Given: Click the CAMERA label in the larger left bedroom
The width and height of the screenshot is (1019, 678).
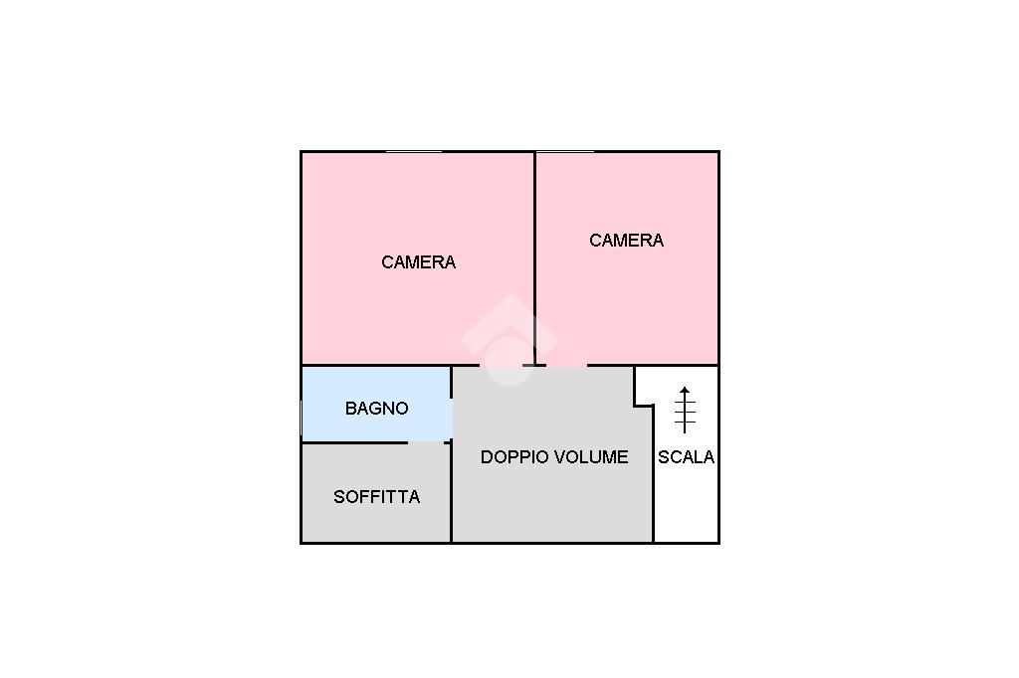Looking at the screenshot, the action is click(x=418, y=262).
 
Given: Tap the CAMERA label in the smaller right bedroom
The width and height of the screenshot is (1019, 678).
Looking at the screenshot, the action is click(x=626, y=241).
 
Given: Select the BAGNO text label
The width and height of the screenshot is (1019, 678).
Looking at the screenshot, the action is click(x=376, y=409).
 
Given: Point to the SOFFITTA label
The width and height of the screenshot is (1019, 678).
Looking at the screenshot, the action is click(x=376, y=497).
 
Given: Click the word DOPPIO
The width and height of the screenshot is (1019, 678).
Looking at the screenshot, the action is click(x=513, y=457).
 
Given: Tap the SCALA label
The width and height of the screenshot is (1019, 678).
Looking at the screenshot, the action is click(x=686, y=457).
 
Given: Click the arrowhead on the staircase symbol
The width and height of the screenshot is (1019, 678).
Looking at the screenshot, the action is click(x=685, y=391).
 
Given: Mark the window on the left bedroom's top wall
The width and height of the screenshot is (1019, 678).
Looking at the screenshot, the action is click(x=413, y=152).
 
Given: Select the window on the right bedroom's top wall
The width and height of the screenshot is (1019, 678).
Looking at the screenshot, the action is click(x=564, y=152).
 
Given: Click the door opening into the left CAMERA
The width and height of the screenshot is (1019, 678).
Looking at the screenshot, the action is click(x=498, y=365).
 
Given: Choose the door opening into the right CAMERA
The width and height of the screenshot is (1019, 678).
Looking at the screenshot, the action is click(x=566, y=365).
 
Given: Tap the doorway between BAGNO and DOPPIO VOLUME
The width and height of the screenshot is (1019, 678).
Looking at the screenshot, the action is click(x=452, y=418).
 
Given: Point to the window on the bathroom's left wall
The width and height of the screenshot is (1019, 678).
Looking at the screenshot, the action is click(x=302, y=418).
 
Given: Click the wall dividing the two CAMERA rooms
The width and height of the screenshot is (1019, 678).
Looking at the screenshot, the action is click(x=535, y=258).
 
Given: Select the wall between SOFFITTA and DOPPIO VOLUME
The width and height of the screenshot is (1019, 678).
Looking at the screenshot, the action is click(x=452, y=492).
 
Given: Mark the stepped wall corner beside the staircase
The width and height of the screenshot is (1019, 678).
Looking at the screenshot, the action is click(x=637, y=404).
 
